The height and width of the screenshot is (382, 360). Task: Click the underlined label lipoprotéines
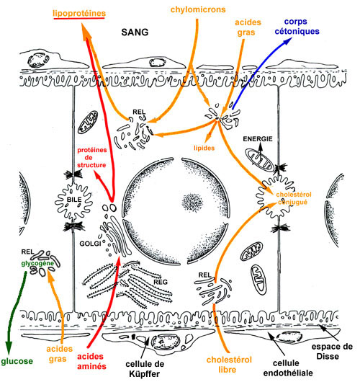(79, 14)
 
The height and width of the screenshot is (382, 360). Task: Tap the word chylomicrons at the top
(198, 10)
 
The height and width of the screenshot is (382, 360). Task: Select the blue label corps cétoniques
(297, 27)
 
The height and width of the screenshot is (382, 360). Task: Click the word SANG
(135, 32)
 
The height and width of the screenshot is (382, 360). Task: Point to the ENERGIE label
(258, 139)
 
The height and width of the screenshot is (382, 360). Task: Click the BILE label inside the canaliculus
(74, 200)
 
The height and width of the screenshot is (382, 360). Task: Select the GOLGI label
(90, 244)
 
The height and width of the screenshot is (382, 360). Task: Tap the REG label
(161, 282)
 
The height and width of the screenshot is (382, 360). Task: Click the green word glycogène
(37, 264)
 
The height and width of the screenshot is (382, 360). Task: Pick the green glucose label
(17, 361)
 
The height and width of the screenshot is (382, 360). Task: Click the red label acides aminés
(91, 361)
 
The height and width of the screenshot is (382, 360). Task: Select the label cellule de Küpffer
(145, 369)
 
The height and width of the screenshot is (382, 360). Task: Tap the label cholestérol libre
(229, 365)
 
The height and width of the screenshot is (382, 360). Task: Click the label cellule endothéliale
(288, 368)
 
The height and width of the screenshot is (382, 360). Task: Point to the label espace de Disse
(332, 351)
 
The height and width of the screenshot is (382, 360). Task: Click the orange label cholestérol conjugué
(294, 198)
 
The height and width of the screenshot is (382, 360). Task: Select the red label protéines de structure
(91, 157)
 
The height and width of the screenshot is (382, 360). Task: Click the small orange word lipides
(204, 148)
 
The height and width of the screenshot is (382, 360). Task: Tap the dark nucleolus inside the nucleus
(192, 203)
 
